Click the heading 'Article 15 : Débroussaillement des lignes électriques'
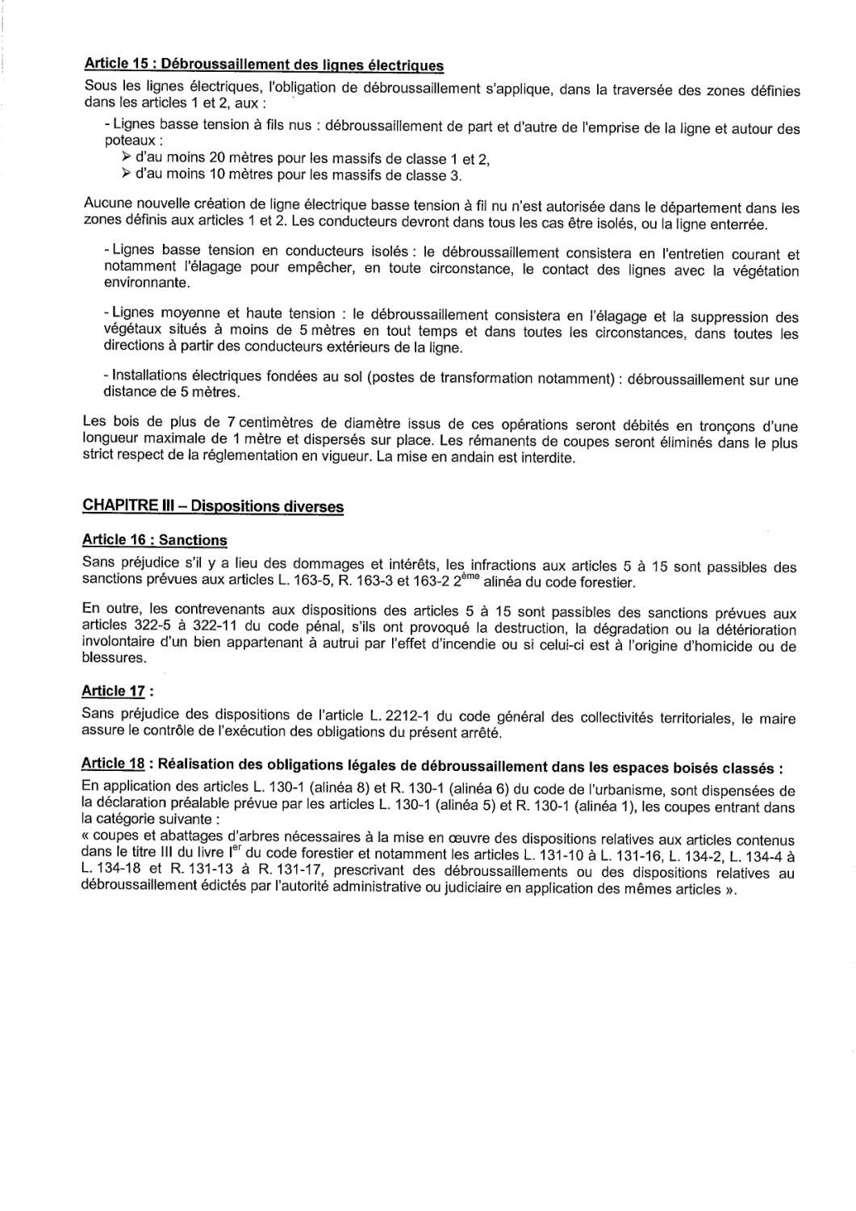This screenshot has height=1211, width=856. [x=263, y=64]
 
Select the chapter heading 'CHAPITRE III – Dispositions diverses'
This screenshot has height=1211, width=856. [x=213, y=506]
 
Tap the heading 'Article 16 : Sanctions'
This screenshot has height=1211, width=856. [x=155, y=540]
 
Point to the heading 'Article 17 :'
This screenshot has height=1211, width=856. [x=118, y=691]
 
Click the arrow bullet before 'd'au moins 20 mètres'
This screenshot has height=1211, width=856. [x=126, y=157]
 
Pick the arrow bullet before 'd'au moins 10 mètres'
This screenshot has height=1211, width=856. [x=126, y=174]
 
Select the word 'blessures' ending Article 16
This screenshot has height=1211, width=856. [x=115, y=657]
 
